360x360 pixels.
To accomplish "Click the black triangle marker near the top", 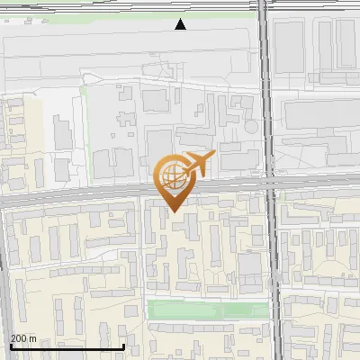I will (x=181, y=24).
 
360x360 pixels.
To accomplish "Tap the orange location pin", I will (x=174, y=183).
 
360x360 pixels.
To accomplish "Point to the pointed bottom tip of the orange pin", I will (x=174, y=211).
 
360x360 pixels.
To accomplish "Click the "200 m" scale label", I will (x=23, y=338).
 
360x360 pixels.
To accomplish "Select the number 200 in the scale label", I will (x=18, y=338).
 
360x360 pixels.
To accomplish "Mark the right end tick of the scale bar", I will (x=122, y=345).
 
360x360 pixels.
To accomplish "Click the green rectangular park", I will (x=207, y=310).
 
